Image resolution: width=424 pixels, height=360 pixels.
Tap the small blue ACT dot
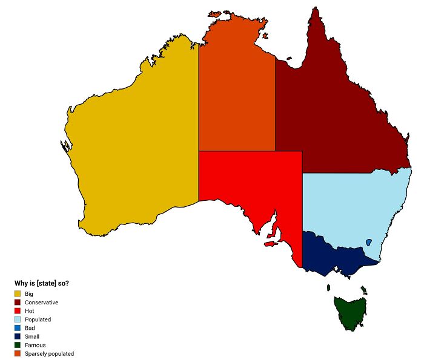(368, 243)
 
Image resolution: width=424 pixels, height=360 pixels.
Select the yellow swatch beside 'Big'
(18, 293)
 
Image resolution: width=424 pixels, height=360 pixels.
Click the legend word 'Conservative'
(41, 302)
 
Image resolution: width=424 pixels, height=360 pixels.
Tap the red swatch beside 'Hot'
(18, 310)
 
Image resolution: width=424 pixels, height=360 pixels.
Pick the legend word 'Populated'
(38, 319)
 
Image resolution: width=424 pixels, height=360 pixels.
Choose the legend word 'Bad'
(30, 328)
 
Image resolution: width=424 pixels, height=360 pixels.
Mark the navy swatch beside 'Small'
(18, 336)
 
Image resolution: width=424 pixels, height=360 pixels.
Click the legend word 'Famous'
(35, 345)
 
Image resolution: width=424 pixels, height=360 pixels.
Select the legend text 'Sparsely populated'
(49, 353)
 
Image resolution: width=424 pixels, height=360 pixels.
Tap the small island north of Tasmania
(328, 288)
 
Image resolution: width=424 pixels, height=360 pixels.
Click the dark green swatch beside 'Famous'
(18, 345)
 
